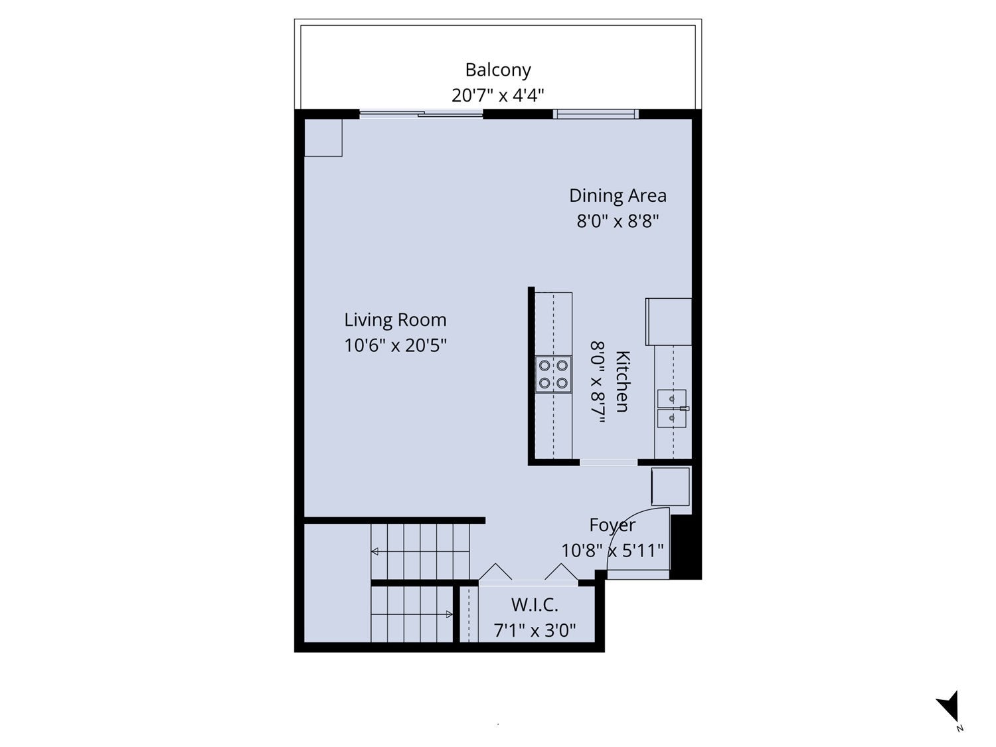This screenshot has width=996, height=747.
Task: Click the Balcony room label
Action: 498,70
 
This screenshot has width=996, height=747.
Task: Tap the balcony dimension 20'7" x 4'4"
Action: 498,95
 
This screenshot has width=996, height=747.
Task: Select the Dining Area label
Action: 618,196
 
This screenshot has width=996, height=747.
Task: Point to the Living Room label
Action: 395,320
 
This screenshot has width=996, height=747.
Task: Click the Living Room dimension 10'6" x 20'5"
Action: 395,345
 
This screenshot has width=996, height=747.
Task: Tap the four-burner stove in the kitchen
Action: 553,374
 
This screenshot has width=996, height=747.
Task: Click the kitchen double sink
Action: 672,408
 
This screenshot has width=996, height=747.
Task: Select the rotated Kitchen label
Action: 622,381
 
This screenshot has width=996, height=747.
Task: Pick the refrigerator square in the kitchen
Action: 669,321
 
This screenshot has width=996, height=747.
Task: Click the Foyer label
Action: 612,525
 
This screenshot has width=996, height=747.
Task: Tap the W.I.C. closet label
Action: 535,605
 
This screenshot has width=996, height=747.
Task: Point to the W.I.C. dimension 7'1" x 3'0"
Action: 535,630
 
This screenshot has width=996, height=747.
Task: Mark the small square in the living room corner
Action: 323,138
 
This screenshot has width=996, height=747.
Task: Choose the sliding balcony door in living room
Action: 421,114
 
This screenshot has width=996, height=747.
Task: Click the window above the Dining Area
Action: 596,114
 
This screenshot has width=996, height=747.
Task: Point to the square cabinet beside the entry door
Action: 670,487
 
